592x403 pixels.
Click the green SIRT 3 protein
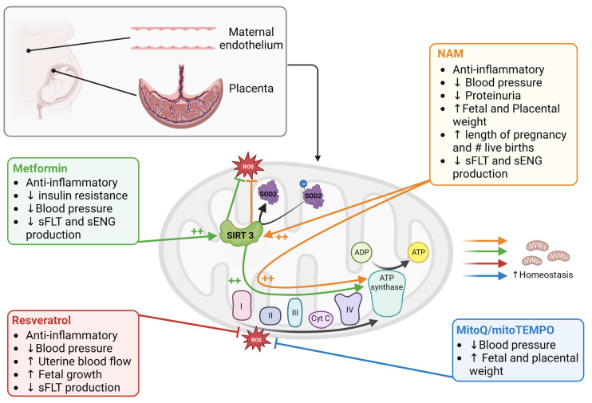point(241,234)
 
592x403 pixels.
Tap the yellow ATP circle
point(418,252)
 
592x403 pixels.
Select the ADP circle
point(361,252)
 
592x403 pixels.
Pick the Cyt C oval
point(321,318)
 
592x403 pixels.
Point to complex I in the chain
point(242,305)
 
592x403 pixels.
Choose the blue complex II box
point(270,315)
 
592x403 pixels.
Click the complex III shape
point(295,312)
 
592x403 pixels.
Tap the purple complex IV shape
point(349,309)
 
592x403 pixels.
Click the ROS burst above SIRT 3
point(247,166)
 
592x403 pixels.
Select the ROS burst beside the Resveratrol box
point(256,339)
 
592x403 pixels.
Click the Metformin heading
point(40,168)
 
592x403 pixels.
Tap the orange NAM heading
point(450,53)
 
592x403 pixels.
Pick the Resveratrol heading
point(41,320)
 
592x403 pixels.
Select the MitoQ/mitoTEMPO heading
point(505,330)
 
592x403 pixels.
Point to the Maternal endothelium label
point(251,38)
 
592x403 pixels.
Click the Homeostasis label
point(543,275)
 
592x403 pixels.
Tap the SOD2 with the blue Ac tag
point(313,196)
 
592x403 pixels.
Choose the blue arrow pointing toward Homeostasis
point(485,275)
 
